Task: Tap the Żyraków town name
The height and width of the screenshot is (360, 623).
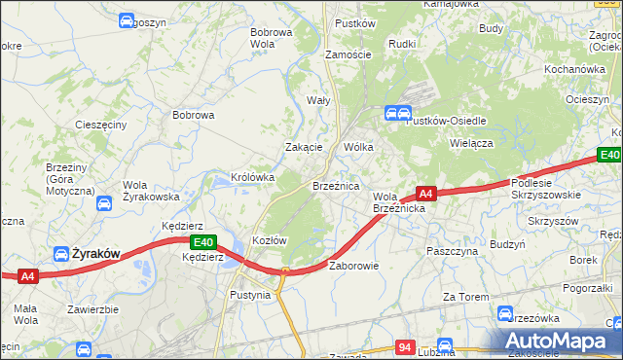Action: click(x=95, y=253)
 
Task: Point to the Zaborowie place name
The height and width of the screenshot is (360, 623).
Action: click(x=353, y=265)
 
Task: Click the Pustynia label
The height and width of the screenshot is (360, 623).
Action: click(x=250, y=294)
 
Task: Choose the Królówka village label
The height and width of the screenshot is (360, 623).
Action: click(x=252, y=177)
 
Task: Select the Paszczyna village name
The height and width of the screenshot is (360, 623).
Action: click(x=450, y=250)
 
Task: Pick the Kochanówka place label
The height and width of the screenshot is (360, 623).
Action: click(x=574, y=69)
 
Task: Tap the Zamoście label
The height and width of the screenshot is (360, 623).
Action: click(x=348, y=54)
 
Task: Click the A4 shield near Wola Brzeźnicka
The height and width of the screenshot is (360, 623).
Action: click(x=425, y=193)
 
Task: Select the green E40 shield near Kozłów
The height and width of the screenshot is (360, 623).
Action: click(x=202, y=242)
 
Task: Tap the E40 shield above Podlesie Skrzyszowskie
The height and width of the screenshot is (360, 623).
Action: click(x=609, y=155)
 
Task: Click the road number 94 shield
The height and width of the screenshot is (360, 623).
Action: click(x=407, y=345)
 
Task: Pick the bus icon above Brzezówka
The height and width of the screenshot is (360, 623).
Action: click(x=505, y=312)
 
